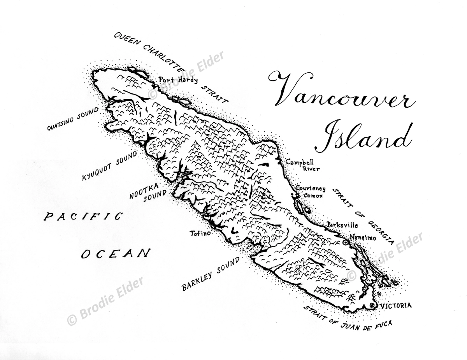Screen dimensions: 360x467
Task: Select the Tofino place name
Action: [200, 233]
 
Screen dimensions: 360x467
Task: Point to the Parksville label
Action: [342, 225]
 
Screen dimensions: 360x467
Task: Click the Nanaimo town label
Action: [363, 238]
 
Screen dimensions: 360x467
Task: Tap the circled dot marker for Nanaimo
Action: [345, 242]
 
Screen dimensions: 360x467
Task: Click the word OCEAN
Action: [116, 254]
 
